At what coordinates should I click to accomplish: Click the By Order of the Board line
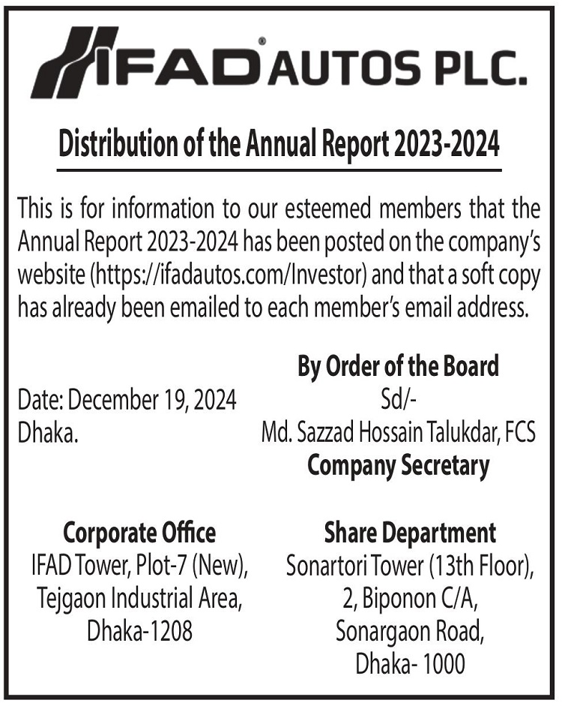click(398, 367)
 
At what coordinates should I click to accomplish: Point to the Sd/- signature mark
click(398, 400)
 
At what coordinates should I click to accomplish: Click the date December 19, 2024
click(152, 401)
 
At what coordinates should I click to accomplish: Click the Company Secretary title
click(398, 466)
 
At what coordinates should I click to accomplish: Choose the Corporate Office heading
click(139, 533)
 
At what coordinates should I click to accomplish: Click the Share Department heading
click(410, 533)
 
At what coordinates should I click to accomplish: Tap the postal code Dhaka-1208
click(140, 631)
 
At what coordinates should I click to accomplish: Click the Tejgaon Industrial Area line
click(139, 599)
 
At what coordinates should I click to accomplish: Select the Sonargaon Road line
click(410, 631)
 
